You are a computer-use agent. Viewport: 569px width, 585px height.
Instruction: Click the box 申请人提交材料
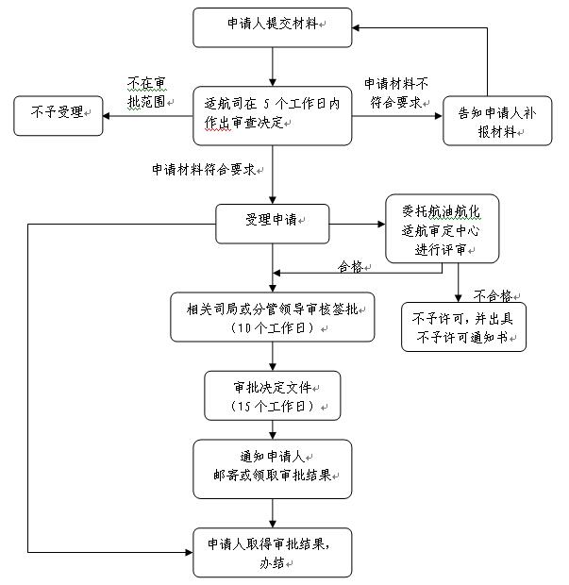(272, 27)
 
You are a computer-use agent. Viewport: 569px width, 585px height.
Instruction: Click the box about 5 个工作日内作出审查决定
(272, 115)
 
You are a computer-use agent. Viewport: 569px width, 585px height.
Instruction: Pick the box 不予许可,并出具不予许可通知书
(462, 327)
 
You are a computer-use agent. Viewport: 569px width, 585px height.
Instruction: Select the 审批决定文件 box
(272, 395)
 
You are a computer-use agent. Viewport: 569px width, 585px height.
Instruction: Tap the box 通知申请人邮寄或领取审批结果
(272, 466)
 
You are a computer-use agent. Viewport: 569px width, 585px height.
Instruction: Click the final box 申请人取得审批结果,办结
(272, 552)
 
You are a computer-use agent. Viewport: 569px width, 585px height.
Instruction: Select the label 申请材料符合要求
(204, 170)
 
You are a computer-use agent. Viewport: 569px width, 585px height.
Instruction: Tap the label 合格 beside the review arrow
(351, 267)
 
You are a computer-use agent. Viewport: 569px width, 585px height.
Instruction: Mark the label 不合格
(493, 294)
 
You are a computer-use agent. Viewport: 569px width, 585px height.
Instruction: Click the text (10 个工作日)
(272, 327)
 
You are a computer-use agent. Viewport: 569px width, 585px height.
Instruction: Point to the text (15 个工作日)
(272, 406)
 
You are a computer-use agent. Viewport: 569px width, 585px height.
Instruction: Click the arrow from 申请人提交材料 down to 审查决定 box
(272, 66)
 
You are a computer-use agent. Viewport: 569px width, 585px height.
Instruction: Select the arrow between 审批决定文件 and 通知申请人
(272, 430)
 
